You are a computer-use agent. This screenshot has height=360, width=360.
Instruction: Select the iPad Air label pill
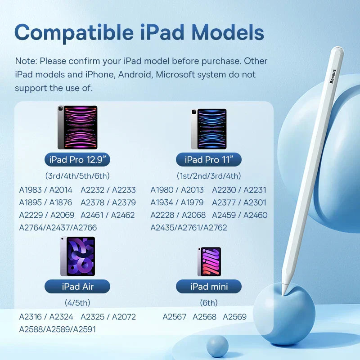[x=77, y=286]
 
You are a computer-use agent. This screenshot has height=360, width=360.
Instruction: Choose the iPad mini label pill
[x=209, y=286]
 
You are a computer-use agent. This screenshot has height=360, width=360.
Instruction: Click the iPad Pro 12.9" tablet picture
[x=77, y=127]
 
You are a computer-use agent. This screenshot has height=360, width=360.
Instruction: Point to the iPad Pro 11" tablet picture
[x=208, y=129]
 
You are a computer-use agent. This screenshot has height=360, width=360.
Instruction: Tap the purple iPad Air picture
[x=77, y=256]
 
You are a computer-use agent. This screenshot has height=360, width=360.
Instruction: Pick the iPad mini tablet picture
[x=209, y=261]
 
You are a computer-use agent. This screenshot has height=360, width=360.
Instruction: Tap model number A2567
[x=175, y=317]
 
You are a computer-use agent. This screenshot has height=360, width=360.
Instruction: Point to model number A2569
[x=235, y=317]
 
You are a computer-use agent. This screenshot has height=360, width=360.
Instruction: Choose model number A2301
[x=255, y=202]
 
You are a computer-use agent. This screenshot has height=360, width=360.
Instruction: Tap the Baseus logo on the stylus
[x=333, y=76]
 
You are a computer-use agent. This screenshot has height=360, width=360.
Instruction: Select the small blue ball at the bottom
[x=218, y=346]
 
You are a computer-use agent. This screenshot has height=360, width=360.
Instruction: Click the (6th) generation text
[x=209, y=303]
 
